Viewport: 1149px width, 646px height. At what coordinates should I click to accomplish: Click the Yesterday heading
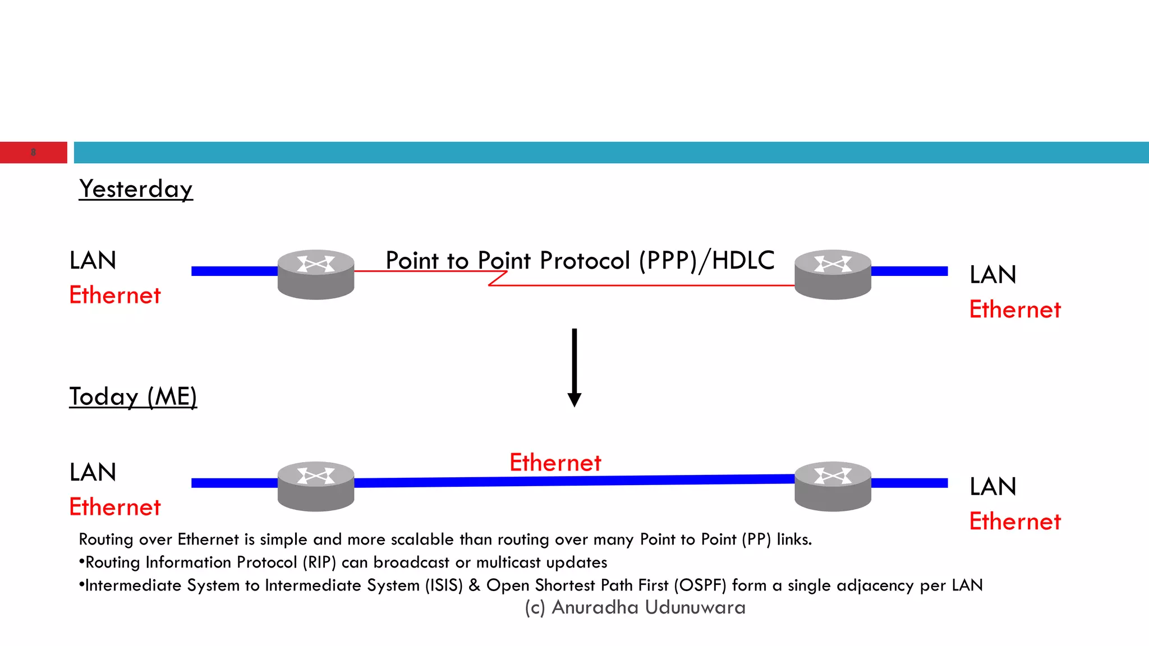136,189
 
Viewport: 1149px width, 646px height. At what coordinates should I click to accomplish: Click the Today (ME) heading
133,396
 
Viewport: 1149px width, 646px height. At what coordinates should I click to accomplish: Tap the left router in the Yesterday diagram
316,274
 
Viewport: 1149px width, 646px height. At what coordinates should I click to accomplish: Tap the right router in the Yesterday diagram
833,274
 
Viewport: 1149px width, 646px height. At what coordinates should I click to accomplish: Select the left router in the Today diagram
316,486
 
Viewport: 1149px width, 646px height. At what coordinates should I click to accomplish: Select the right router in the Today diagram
833,486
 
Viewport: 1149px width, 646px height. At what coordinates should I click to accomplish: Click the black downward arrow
574,367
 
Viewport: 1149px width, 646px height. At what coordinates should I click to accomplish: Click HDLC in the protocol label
743,261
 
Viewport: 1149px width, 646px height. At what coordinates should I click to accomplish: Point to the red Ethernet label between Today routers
555,463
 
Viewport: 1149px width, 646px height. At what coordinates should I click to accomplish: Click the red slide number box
33,153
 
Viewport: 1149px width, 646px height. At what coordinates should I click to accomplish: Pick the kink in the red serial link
498,278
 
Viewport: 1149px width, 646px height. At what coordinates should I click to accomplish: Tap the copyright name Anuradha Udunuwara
649,607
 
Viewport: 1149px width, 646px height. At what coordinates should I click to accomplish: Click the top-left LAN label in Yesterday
93,261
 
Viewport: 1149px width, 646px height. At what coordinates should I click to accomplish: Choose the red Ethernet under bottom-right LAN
1015,522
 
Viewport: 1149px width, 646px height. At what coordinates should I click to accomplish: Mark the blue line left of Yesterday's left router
234,271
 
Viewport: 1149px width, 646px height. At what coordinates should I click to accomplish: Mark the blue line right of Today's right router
909,483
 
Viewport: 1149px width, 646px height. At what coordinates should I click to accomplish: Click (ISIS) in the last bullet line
444,585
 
